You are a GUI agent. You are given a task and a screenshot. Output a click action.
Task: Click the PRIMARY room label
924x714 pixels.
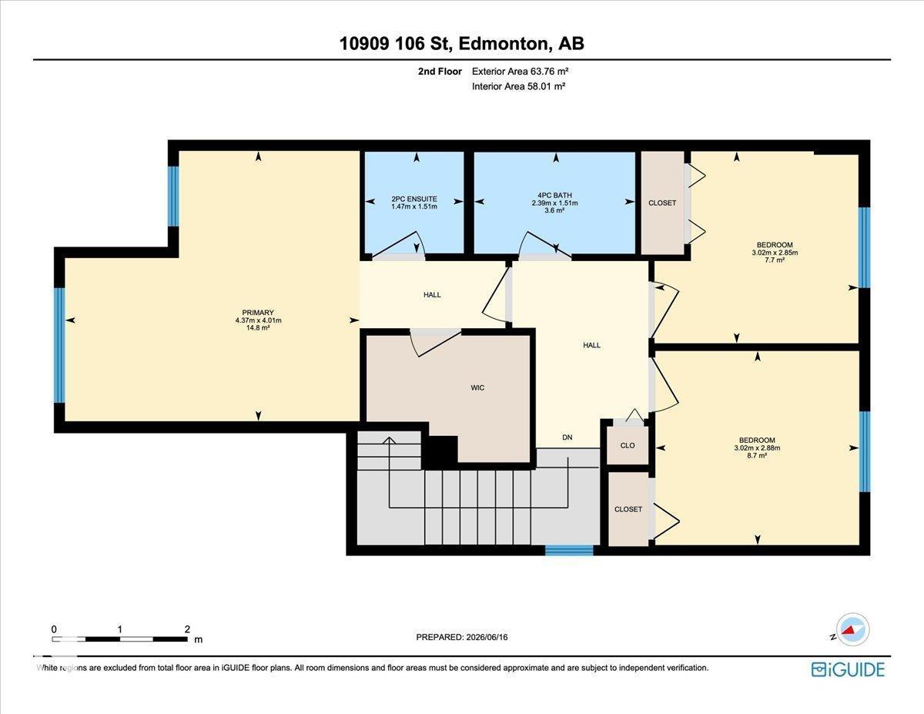click(x=258, y=313)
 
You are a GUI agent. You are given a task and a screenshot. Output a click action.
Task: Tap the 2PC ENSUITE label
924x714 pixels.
click(x=414, y=199)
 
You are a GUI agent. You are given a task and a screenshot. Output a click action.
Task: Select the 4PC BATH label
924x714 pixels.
click(x=554, y=196)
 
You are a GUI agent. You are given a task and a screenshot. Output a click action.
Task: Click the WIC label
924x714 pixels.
click(x=477, y=388)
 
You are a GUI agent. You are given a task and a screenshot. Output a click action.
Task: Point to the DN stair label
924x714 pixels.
click(x=567, y=437)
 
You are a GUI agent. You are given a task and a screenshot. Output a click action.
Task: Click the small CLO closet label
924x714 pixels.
click(x=628, y=446)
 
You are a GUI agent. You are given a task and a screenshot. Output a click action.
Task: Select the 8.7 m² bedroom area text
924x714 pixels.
click(x=757, y=455)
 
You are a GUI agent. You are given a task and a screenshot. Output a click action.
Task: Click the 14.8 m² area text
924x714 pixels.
click(x=258, y=328)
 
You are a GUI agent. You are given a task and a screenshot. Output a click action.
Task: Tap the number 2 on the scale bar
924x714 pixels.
click(x=187, y=629)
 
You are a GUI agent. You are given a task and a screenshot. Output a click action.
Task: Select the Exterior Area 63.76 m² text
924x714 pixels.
click(x=520, y=72)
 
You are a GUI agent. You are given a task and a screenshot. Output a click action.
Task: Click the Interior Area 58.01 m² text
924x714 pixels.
click(x=518, y=87)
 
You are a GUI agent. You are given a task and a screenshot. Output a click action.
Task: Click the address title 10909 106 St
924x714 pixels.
click(x=396, y=43)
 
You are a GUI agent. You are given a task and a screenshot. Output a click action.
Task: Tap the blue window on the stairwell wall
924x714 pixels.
click(x=569, y=550)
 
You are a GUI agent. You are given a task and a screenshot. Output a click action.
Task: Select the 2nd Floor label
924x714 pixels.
click(x=440, y=72)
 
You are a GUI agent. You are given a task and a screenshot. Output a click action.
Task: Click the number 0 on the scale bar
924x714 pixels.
click(x=54, y=629)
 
